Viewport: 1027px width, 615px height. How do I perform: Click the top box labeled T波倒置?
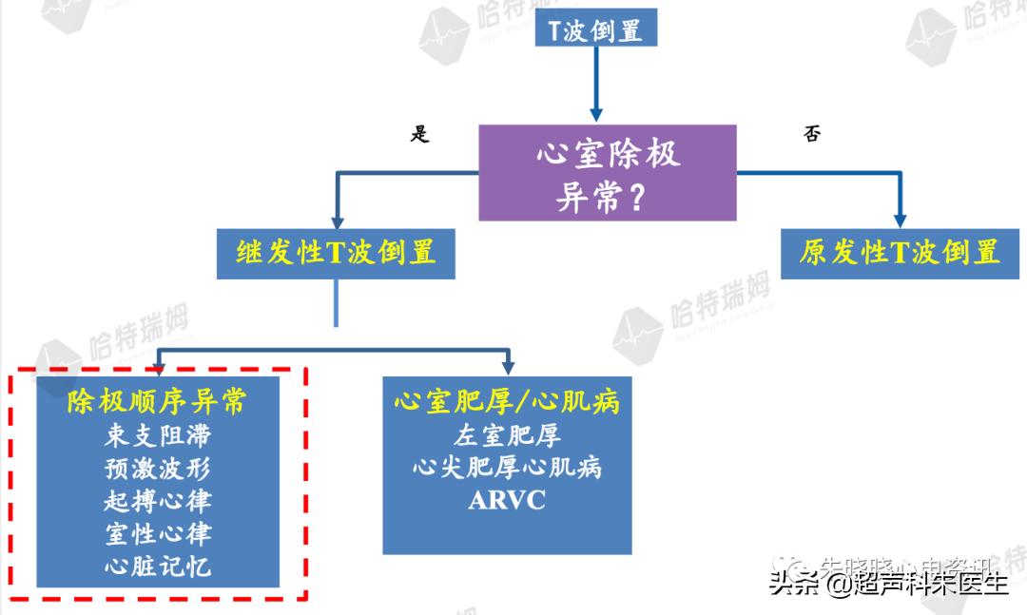pos(596,29)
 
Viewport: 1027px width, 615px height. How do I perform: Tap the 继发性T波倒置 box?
pos(336,253)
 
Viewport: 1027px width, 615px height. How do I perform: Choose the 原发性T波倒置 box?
pos(900,253)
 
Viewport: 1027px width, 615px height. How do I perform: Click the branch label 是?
pos(419,134)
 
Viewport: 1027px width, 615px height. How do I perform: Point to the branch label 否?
pos(812,134)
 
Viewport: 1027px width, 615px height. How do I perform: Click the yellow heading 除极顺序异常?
pos(157,402)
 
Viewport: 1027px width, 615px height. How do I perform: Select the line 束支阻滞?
pos(157,436)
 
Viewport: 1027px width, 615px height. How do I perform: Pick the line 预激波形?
pos(157,469)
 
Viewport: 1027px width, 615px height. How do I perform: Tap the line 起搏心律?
pos(157,501)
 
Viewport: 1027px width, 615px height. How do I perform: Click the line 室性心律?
pos(157,533)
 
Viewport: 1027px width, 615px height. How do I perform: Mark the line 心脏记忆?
pos(157,567)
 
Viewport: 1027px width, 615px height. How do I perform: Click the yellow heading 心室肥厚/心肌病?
pos(507,402)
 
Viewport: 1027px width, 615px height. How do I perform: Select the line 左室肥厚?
pos(507,436)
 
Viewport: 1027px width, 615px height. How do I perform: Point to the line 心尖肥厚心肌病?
pos(507,468)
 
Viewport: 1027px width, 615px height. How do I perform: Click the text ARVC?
pos(507,501)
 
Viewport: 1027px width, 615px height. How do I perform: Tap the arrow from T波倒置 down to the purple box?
pos(596,86)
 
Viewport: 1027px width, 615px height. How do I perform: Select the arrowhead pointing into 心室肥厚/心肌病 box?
pos(508,366)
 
